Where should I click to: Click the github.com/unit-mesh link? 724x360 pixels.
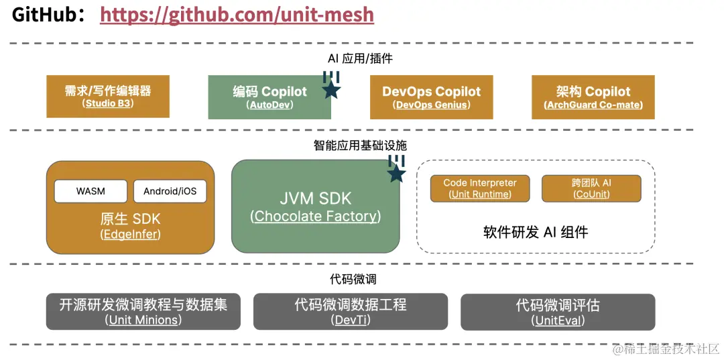pyautogui.click(x=237, y=15)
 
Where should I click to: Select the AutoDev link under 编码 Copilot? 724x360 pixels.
pyautogui.click(x=269, y=105)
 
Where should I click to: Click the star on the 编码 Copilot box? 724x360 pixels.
pyautogui.click(x=330, y=90)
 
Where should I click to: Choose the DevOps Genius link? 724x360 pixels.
pyautogui.click(x=432, y=105)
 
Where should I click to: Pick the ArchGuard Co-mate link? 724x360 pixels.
pyautogui.click(x=593, y=105)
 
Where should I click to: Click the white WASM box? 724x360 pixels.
pyautogui.click(x=90, y=191)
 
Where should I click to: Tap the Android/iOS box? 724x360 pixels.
pyautogui.click(x=170, y=191)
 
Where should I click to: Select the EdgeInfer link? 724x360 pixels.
pyautogui.click(x=130, y=235)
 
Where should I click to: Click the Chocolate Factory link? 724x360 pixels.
pyautogui.click(x=315, y=216)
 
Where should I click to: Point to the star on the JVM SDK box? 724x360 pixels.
pyautogui.click(x=396, y=174)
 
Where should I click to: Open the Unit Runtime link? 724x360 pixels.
pyautogui.click(x=480, y=194)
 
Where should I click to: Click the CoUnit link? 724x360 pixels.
pyautogui.click(x=591, y=194)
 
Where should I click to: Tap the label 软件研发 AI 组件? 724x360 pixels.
pyautogui.click(x=536, y=232)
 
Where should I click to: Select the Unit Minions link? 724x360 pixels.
pyautogui.click(x=143, y=319)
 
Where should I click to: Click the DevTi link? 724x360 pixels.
pyautogui.click(x=351, y=319)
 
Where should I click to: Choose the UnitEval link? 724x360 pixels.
pyautogui.click(x=558, y=319)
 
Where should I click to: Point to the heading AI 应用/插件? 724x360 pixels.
pyautogui.click(x=360, y=58)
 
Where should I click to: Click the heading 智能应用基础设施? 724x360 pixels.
pyautogui.click(x=360, y=146)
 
